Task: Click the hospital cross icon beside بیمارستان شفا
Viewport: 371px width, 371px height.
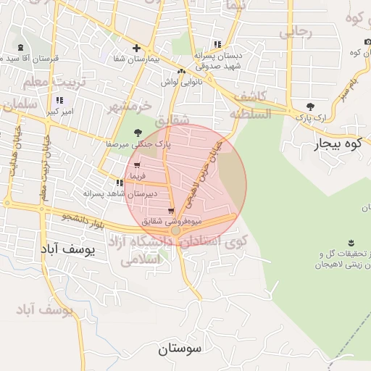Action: click(136, 49)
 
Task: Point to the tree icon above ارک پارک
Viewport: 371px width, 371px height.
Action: click(311, 106)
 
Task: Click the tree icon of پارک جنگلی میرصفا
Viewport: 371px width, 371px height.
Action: click(138, 132)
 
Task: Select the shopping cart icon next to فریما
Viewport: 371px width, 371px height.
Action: click(136, 166)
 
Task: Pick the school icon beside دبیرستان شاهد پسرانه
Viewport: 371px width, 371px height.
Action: click(120, 183)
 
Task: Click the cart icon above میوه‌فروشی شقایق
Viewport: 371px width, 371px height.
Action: click(171, 211)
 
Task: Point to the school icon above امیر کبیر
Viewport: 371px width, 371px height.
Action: click(58, 101)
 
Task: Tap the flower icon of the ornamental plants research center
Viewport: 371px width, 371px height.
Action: click(351, 242)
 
